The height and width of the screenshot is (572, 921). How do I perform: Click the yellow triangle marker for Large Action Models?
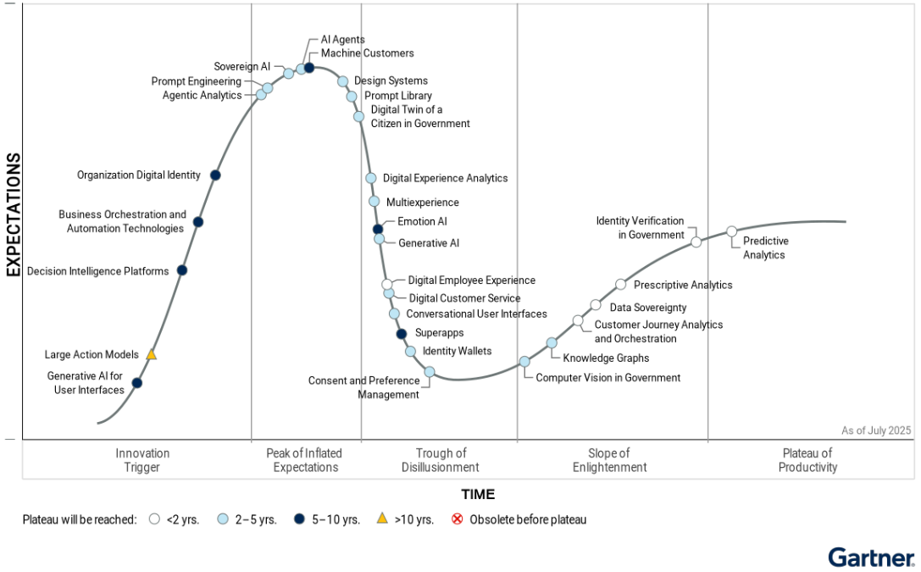click(152, 354)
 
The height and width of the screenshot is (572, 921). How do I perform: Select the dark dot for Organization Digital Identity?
click(215, 175)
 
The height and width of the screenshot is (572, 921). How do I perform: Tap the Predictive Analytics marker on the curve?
click(732, 231)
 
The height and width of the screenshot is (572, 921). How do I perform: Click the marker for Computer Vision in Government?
click(524, 361)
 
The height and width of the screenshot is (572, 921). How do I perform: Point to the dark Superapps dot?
click(402, 333)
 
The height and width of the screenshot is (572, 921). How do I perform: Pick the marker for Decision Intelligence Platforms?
click(181, 270)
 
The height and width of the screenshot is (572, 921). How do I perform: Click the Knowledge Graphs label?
click(606, 358)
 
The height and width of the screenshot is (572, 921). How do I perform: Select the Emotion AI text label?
click(422, 222)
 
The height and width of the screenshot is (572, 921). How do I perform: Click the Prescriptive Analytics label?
click(683, 286)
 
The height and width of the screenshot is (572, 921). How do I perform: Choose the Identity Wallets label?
click(457, 351)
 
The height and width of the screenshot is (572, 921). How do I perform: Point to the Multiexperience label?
click(422, 203)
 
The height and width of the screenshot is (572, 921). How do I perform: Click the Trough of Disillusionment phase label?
click(441, 460)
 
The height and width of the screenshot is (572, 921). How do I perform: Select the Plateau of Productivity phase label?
click(807, 460)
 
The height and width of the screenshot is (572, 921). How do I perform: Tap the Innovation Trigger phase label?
click(142, 460)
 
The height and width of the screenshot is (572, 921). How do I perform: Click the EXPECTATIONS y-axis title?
click(13, 215)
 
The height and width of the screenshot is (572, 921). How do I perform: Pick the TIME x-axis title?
click(478, 494)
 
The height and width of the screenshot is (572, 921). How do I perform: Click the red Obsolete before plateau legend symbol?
click(458, 519)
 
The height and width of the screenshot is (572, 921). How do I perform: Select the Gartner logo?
click(871, 557)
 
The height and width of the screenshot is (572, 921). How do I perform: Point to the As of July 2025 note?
click(876, 430)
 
